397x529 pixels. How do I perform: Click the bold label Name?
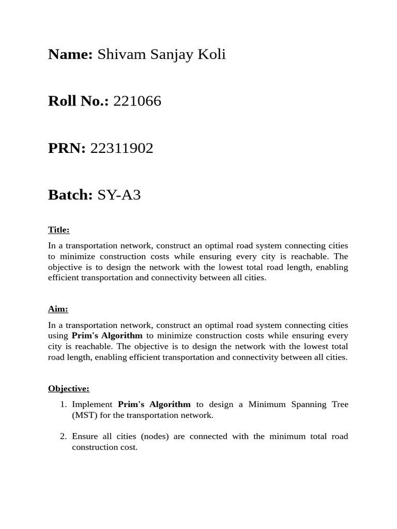click(x=70, y=54)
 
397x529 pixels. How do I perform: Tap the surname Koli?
click(x=211, y=54)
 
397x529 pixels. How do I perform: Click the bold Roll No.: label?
click(x=79, y=101)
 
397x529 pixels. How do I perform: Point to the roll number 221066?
click(x=137, y=101)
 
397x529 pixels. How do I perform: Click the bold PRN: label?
click(x=67, y=148)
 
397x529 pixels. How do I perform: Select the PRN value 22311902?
click(x=122, y=148)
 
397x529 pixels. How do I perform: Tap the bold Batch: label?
click(x=70, y=195)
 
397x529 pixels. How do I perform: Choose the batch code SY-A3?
click(x=119, y=195)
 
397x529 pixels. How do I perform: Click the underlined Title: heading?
click(x=58, y=230)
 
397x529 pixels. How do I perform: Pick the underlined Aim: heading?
click(x=58, y=309)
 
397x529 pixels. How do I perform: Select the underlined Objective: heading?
click(x=69, y=388)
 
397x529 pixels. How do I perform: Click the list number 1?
click(x=63, y=404)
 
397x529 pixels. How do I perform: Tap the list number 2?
click(x=63, y=437)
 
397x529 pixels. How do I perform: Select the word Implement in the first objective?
click(x=92, y=404)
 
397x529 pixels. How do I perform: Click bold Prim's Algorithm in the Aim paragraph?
click(x=107, y=336)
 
